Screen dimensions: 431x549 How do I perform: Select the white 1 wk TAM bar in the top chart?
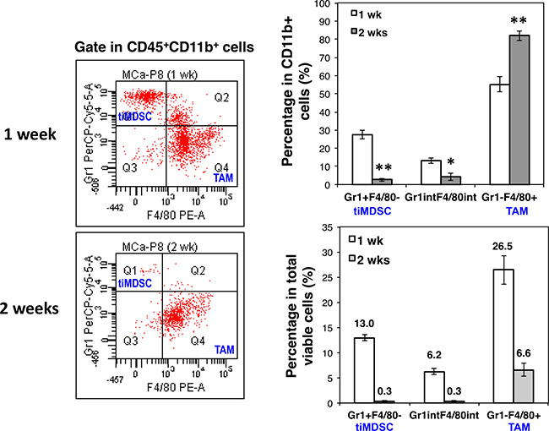(x=481, y=136)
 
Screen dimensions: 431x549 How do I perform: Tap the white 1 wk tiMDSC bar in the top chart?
(x=361, y=160)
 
